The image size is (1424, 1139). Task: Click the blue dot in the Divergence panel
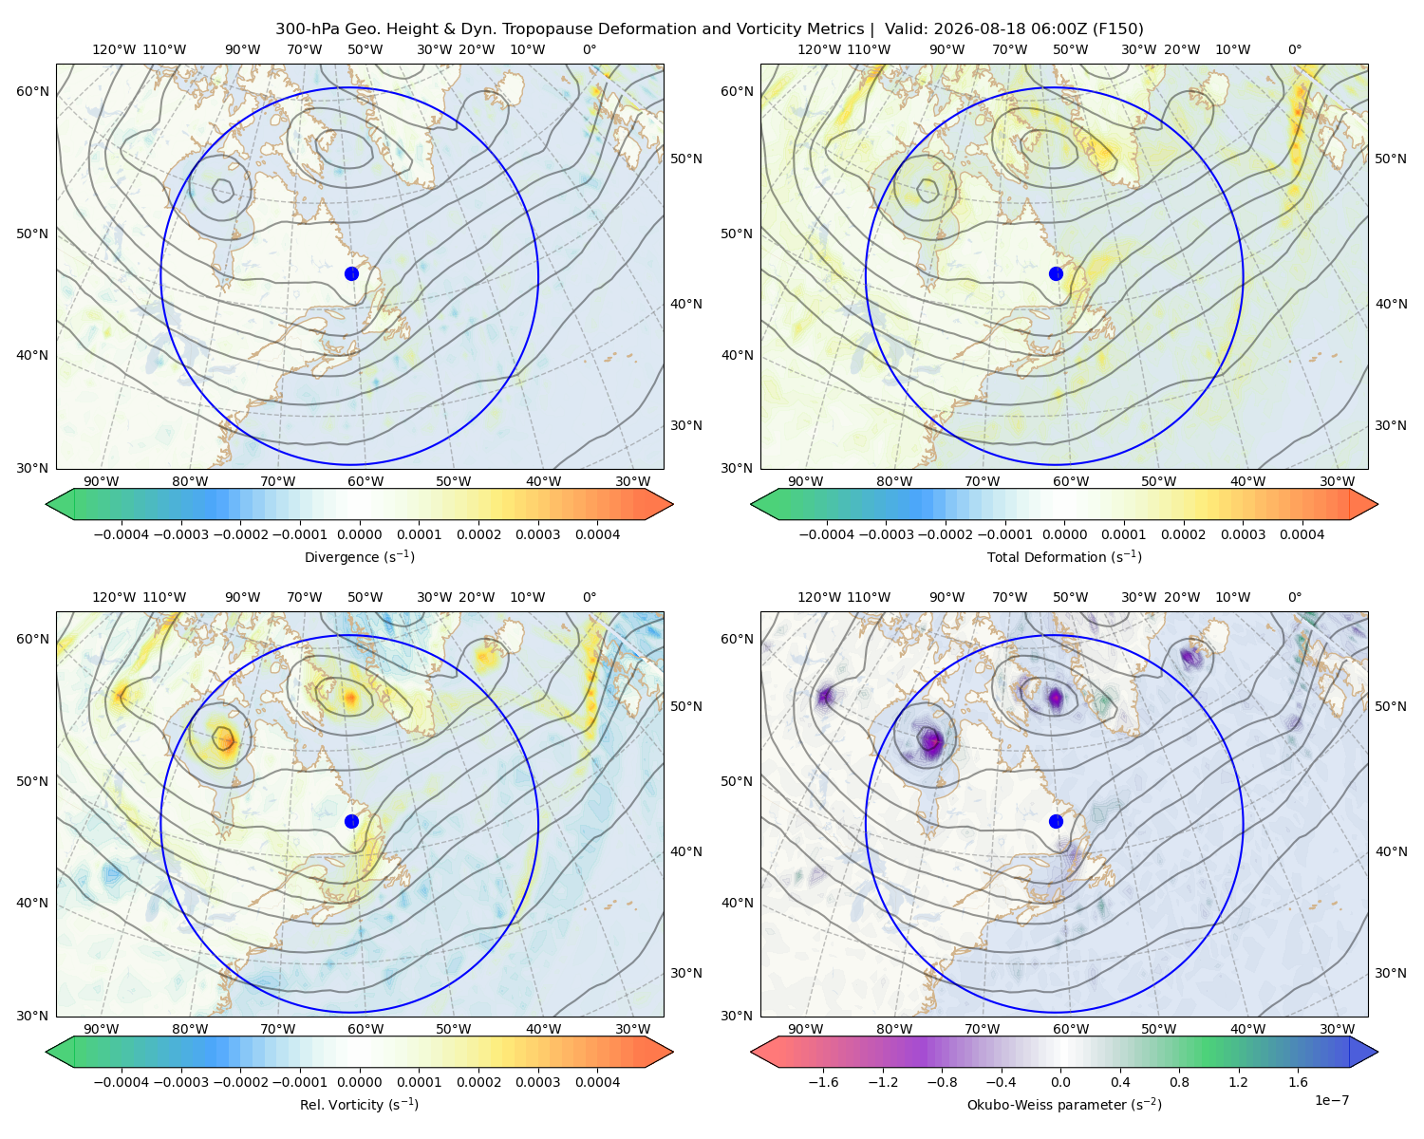pos(351,274)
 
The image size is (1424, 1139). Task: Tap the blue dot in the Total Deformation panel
pos(1056,274)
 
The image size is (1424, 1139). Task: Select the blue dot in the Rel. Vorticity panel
pos(351,821)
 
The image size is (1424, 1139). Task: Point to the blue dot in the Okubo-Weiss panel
pos(1056,821)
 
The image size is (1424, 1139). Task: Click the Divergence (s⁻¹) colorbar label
pos(359,557)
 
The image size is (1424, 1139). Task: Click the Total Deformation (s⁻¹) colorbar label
pos(1064,557)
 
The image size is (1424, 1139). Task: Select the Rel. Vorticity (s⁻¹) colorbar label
pos(359,1105)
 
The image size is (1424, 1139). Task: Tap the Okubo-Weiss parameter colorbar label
pos(1064,1105)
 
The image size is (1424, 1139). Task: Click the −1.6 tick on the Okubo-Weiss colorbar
pos(823,1082)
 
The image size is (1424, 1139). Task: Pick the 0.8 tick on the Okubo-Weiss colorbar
pos(1179,1082)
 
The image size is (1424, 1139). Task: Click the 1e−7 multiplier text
pos(1331,1101)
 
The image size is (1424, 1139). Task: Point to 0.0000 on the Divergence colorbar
pos(359,534)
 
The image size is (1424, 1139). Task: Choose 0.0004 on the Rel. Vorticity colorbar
pos(597,1082)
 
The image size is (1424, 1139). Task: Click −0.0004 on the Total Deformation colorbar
pos(827,534)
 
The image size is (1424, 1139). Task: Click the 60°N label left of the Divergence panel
pos(32,91)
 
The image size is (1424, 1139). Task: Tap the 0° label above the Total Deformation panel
pos(1294,49)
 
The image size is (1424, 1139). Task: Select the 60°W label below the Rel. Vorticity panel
pos(365,1029)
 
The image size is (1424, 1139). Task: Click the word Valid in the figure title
pos(902,29)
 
